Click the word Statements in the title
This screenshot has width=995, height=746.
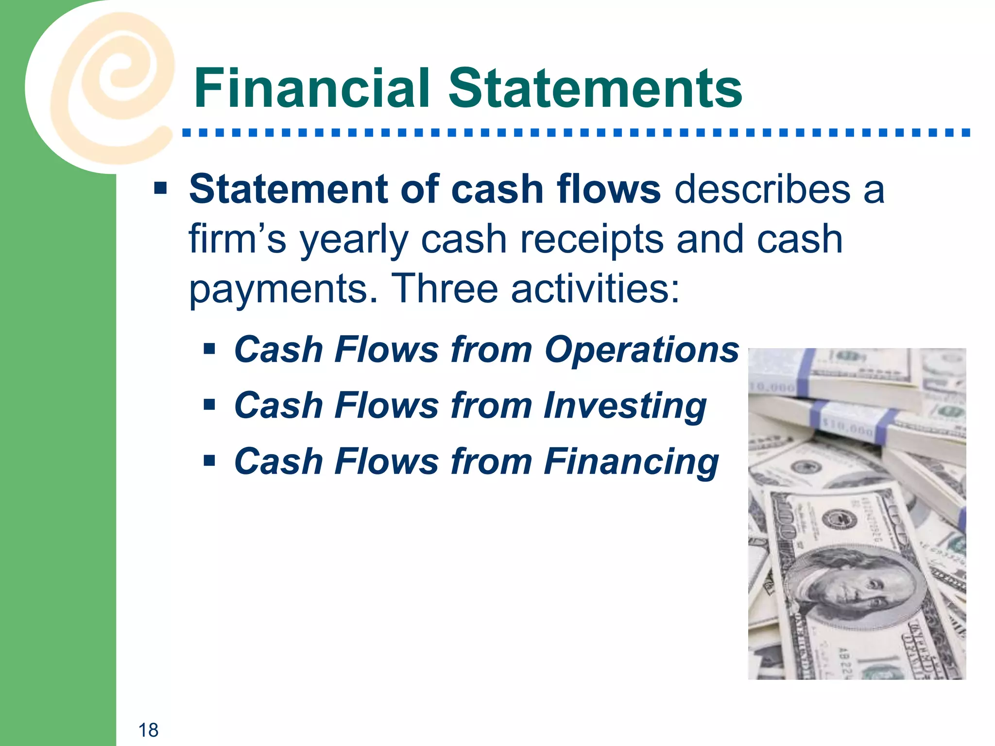pos(595,88)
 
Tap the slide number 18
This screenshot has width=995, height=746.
pos(148,730)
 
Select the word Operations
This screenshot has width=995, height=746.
pos(641,350)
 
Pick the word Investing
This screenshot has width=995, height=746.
pos(625,406)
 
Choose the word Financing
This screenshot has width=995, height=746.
pos(631,462)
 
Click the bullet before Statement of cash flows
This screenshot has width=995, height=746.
pos(160,188)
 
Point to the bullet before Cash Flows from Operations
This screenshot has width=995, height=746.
pos(209,349)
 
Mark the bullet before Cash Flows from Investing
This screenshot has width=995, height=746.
pos(209,405)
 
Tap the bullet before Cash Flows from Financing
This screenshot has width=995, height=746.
pos(209,460)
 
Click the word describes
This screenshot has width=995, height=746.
pos(762,189)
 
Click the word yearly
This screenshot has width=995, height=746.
pos(354,240)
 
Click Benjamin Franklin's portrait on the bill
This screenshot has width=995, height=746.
pos(855,588)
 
